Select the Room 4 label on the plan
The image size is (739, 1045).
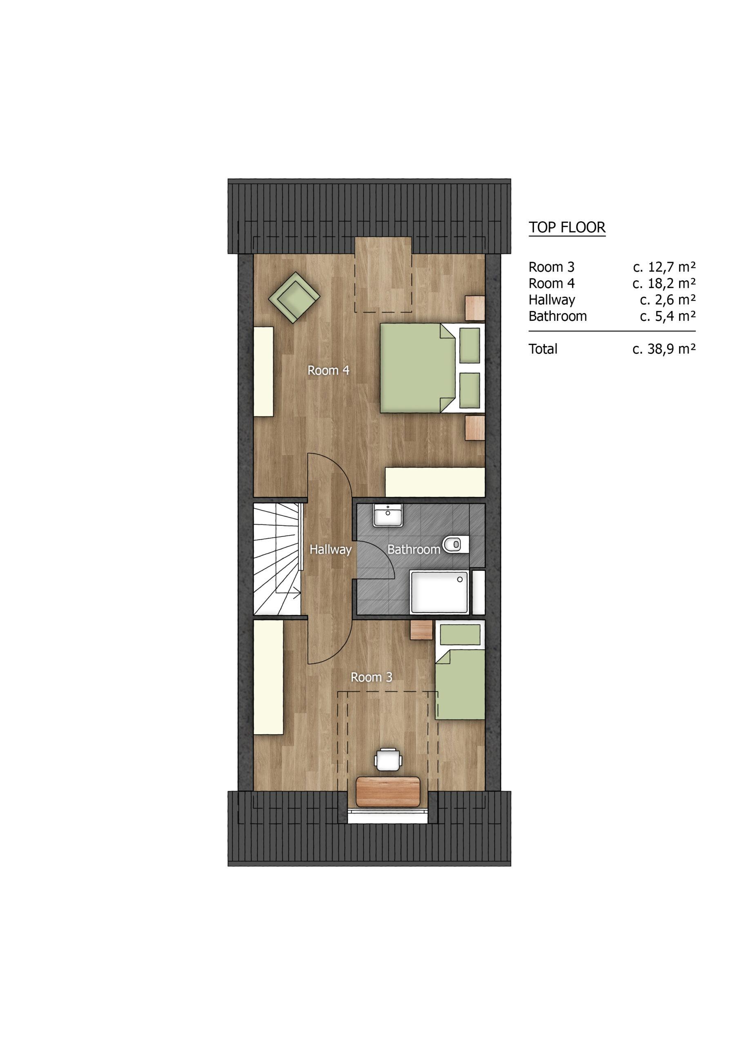coord(328,371)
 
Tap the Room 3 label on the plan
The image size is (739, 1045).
coord(371,677)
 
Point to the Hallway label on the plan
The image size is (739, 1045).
coord(331,550)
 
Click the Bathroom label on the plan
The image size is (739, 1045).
coord(414,550)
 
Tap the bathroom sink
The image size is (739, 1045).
coord(387,515)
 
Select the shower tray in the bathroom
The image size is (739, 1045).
coord(439,591)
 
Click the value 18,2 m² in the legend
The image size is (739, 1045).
coord(664,284)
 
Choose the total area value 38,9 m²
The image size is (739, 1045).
coord(664,349)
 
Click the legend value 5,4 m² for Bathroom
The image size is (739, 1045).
coord(668,316)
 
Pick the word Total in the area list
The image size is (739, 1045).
coord(543,349)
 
